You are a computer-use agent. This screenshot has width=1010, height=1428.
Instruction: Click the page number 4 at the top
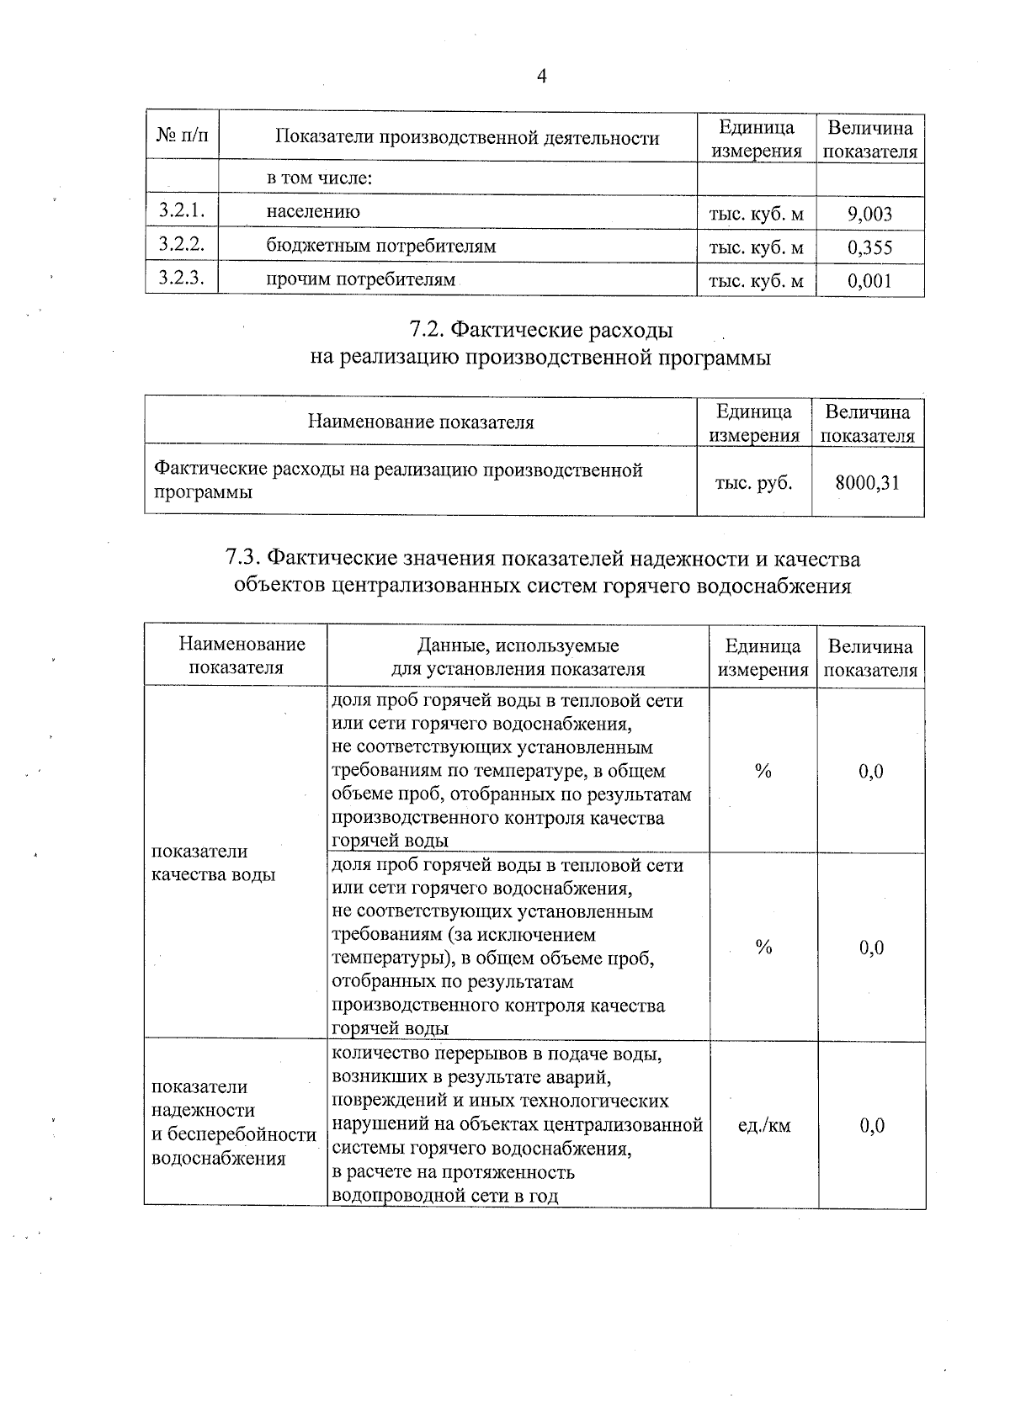pos(541,77)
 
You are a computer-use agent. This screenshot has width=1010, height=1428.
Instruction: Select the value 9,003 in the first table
pos(869,214)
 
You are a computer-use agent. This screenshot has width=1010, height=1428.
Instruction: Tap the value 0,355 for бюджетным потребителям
pos(869,247)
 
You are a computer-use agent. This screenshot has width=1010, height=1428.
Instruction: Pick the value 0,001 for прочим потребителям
pos(869,281)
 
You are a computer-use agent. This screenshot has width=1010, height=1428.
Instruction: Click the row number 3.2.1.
pos(182,211)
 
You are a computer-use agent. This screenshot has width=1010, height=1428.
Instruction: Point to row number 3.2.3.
pos(182,279)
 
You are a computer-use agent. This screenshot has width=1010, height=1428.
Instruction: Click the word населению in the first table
pos(313,212)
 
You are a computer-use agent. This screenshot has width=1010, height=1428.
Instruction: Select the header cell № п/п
pos(182,135)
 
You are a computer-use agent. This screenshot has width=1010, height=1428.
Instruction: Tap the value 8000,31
pos(867,483)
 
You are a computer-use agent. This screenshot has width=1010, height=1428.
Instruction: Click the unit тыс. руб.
pos(753,483)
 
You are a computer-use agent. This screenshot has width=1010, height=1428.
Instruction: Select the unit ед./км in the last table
pos(763,1125)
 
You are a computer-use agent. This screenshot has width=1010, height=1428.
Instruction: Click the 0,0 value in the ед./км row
pos(871,1125)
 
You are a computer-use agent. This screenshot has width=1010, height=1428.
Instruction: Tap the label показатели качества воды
pos(213,863)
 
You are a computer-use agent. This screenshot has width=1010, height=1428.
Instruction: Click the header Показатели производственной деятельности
pos(467,138)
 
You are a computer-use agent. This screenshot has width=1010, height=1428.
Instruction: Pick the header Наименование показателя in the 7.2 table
pos(420,422)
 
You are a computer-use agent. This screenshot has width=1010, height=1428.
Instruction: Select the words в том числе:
pos(320,178)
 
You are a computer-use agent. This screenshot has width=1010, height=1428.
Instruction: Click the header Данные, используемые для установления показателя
pos(518,657)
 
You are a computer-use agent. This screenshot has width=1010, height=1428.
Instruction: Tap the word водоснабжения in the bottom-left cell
pos(218,1159)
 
